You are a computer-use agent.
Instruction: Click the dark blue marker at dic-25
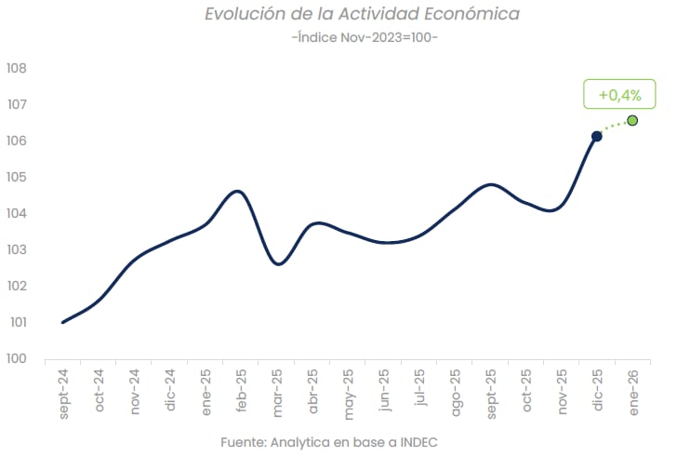click(x=597, y=136)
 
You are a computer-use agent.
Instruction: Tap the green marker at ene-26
click(x=632, y=120)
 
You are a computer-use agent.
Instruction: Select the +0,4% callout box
click(x=619, y=95)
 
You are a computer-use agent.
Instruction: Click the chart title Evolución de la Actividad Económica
click(x=362, y=14)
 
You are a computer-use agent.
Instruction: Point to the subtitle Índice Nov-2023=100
click(x=364, y=37)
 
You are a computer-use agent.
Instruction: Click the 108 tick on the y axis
click(x=16, y=68)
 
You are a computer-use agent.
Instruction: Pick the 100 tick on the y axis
click(x=16, y=358)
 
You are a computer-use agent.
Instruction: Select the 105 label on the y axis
click(x=16, y=177)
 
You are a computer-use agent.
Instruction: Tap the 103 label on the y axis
click(x=16, y=249)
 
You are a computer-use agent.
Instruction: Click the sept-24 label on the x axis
click(x=64, y=394)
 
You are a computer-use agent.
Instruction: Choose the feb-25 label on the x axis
click(x=242, y=392)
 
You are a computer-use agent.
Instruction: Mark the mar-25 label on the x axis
click(x=277, y=392)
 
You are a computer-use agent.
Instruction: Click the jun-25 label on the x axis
click(x=384, y=392)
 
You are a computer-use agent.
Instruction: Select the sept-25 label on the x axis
click(x=491, y=394)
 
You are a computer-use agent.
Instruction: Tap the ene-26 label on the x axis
click(x=633, y=392)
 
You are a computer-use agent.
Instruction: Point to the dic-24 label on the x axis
click(x=171, y=392)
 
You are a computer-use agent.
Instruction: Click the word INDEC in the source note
click(x=415, y=441)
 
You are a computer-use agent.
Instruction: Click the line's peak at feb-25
click(x=238, y=191)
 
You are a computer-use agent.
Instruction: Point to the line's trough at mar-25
click(x=278, y=264)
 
